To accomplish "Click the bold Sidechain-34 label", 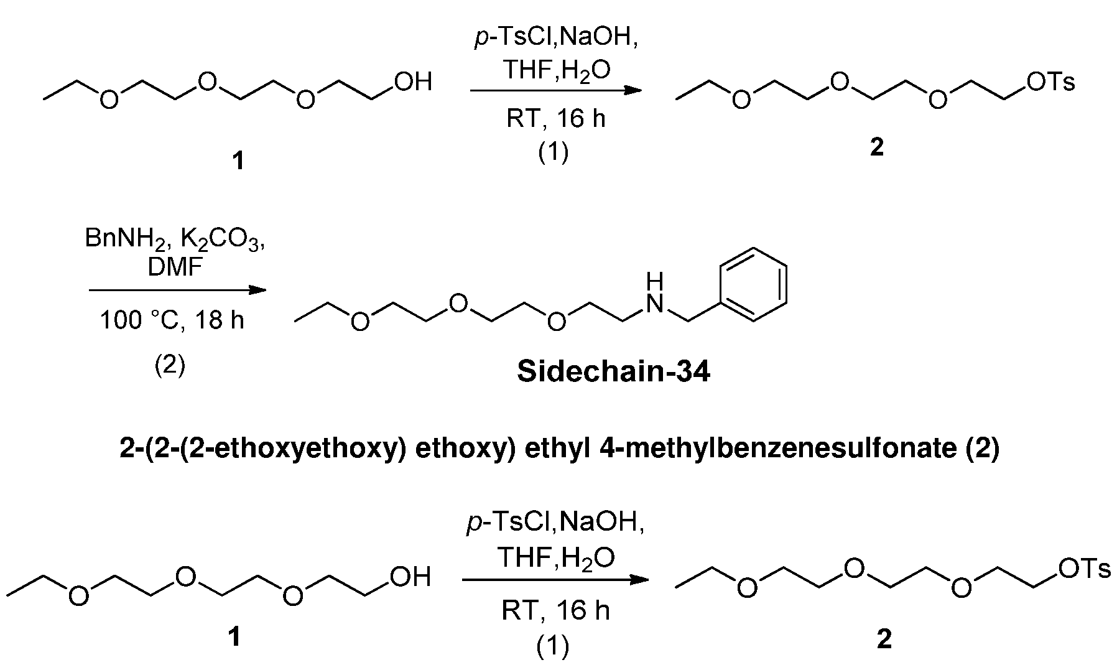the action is tap(613, 372).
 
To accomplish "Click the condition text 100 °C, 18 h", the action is tap(172, 320).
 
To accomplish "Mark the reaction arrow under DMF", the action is tap(177, 290).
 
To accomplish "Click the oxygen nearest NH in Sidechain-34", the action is tap(556, 321).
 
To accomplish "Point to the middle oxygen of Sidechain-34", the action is tap(458, 303).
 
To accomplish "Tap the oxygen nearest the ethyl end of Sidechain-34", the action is tap(360, 321).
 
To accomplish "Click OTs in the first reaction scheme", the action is tap(1051, 81).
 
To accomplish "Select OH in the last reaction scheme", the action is tap(410, 577).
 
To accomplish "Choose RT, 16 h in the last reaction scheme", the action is tap(556, 611).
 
